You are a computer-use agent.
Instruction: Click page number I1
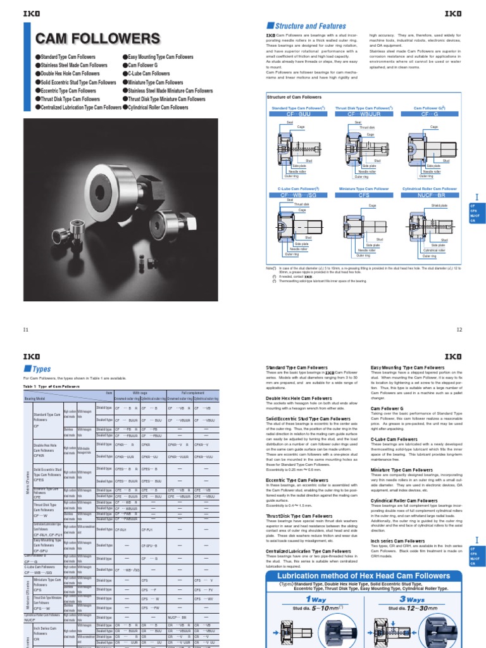coord(26,329)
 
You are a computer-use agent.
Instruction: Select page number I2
coord(461,329)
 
